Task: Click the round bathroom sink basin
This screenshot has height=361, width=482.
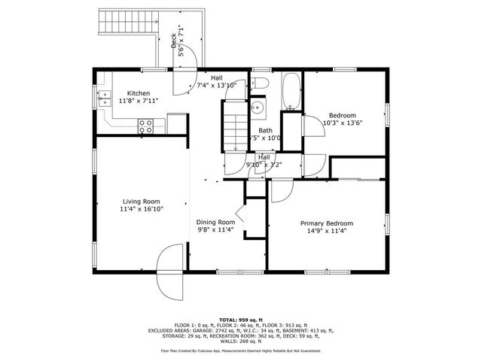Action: point(258,107)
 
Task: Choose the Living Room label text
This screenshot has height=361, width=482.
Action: point(142,201)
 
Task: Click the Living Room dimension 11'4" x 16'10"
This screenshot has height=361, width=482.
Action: point(142,209)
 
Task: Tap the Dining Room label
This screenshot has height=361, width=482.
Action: point(215,222)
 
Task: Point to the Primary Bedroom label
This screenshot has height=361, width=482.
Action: point(326,223)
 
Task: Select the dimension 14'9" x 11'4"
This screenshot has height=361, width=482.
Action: point(326,232)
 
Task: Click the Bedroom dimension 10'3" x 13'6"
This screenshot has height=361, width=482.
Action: point(343,123)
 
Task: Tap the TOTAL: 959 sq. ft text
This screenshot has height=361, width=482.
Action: point(240,319)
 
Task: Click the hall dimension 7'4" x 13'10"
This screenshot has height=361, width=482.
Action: point(217,86)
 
